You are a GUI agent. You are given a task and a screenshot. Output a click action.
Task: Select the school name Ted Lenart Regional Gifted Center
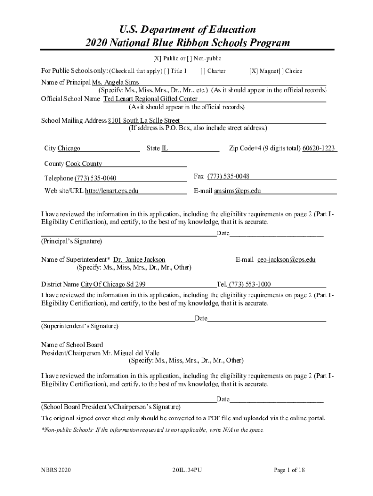[150, 99]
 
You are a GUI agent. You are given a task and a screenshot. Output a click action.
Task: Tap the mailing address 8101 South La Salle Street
[144, 120]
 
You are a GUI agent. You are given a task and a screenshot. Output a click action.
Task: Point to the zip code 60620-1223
[319, 148]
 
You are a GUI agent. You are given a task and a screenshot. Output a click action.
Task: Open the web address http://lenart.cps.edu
[111, 191]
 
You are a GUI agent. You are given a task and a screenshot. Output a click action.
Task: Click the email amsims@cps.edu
[237, 191]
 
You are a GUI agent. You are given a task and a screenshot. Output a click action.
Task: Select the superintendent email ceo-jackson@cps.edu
[286, 260]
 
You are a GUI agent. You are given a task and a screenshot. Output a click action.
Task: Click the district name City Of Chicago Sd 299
[113, 284]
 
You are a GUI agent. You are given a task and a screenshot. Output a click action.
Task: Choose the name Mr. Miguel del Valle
[131, 353]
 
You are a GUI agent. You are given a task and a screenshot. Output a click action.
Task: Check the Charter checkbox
[202, 71]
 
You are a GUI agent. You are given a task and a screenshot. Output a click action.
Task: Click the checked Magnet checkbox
[253, 71]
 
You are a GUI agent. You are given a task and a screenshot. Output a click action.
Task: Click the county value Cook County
[84, 164]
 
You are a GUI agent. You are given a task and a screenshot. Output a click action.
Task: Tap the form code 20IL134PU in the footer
[186, 470]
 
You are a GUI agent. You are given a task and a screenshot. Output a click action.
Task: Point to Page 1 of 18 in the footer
[289, 470]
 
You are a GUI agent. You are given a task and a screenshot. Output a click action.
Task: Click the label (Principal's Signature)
[71, 241]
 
